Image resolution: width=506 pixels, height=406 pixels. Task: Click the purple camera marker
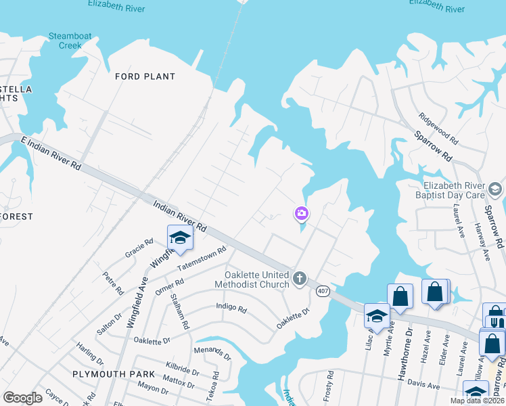click(302, 214)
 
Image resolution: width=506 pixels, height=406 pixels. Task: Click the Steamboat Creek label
click(66, 41)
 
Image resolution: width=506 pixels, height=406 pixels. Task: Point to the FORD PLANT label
click(145, 76)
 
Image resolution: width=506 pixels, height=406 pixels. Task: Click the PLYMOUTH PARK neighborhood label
click(105, 374)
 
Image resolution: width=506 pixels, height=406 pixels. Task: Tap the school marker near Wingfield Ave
click(180, 238)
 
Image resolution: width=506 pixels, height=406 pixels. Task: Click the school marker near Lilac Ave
click(377, 315)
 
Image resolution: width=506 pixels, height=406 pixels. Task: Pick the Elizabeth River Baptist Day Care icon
click(495, 188)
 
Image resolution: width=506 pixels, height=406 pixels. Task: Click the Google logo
click(23, 397)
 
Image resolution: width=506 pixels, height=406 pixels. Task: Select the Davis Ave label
click(423, 386)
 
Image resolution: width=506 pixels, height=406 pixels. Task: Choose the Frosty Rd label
click(330, 383)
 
